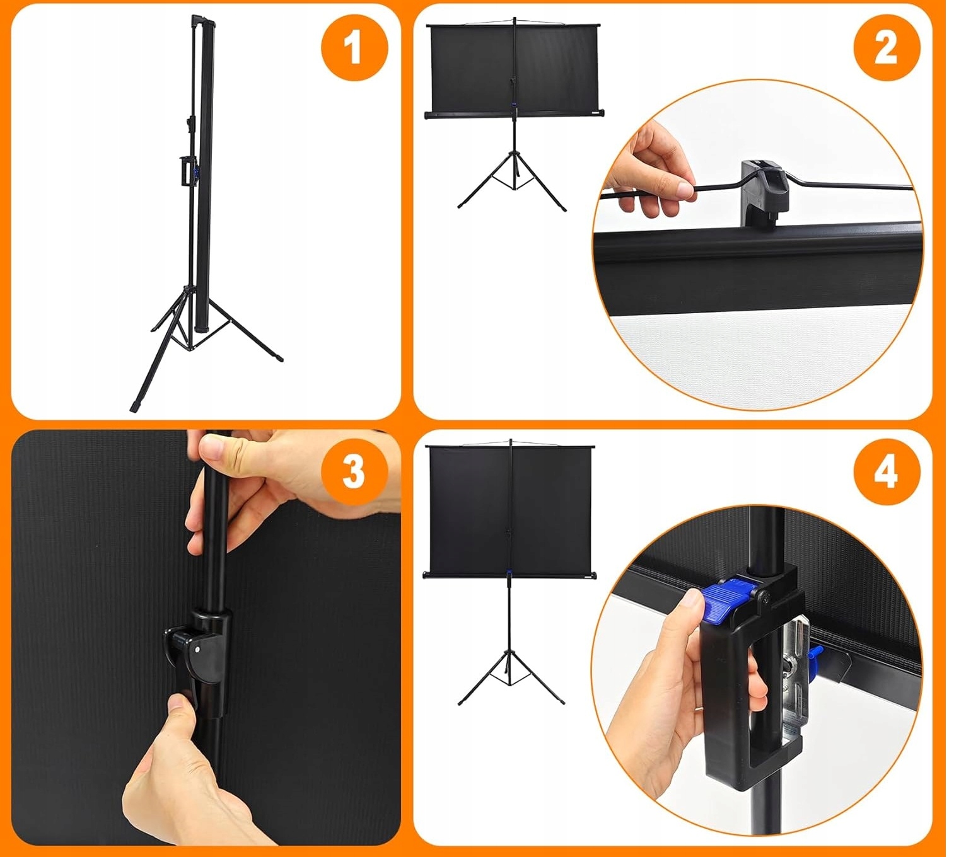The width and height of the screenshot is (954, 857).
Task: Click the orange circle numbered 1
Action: tap(355, 48)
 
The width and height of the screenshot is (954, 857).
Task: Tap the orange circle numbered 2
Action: tap(887, 49)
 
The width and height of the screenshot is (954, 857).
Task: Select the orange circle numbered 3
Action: tap(355, 472)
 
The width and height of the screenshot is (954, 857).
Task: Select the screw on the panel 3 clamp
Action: tap(197, 649)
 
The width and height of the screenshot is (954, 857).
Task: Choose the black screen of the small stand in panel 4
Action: tap(511, 510)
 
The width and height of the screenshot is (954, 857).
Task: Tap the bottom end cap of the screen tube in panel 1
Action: tap(203, 328)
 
